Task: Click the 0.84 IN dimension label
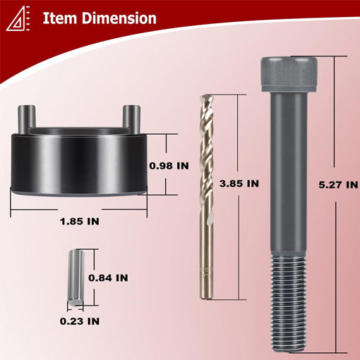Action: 108,278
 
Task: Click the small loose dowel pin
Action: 76,278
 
